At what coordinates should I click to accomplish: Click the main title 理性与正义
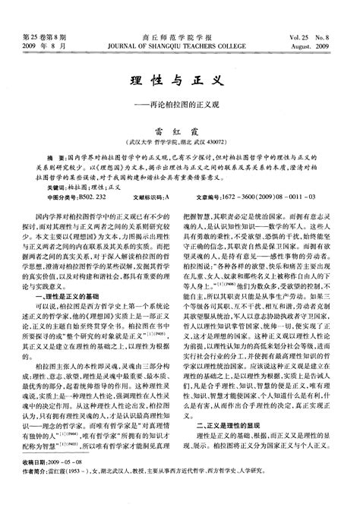pos(180,78)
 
